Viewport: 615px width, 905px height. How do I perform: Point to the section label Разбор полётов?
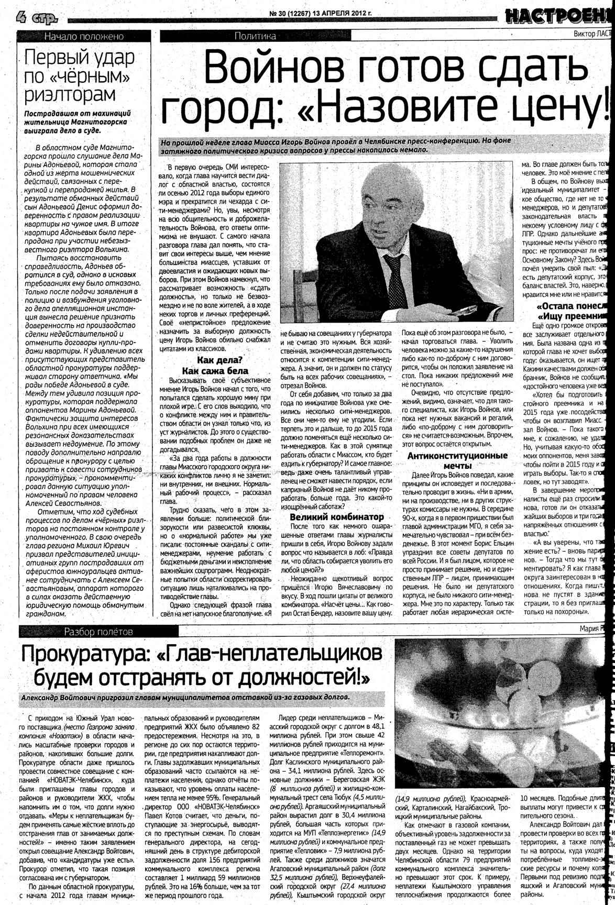point(98,632)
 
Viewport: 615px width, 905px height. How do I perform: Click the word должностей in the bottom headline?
point(298,677)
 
